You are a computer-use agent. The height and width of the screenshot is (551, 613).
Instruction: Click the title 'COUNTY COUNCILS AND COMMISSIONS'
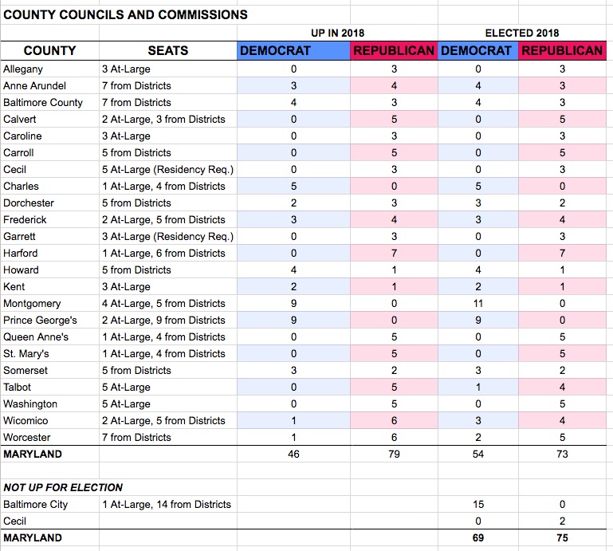[125, 15]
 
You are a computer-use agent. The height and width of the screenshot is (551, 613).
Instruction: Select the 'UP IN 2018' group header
[337, 33]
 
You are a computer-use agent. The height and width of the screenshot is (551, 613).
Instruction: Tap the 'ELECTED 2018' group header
[522, 33]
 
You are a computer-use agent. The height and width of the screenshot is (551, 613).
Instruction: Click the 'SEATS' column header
[167, 50]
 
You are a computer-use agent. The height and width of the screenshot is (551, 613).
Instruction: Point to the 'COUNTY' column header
[49, 50]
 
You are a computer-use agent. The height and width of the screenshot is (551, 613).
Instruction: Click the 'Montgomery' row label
[32, 304]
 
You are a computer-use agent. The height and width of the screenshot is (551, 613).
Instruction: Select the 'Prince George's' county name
[40, 321]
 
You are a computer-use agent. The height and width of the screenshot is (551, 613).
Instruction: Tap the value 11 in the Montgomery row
[478, 304]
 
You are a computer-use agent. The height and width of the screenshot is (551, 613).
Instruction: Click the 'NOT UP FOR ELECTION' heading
[63, 487]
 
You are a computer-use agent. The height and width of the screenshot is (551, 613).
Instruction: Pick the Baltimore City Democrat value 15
[478, 505]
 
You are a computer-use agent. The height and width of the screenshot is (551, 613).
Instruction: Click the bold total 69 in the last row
[478, 537]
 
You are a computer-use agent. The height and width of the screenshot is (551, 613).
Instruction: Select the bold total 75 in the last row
[562, 537]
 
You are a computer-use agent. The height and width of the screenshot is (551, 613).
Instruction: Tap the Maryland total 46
[293, 454]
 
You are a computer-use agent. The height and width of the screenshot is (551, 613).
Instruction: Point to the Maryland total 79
[394, 454]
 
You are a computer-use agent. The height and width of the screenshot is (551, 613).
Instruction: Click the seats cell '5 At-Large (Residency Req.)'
[167, 170]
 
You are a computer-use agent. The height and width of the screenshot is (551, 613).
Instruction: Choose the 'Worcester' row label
[27, 437]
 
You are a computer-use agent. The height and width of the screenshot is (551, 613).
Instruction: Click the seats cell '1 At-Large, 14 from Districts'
[167, 505]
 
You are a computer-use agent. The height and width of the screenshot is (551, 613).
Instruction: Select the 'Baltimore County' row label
[43, 102]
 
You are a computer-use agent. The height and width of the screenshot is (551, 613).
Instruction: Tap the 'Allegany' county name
[23, 69]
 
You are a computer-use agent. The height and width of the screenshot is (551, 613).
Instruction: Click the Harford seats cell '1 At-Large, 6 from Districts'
[163, 254]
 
